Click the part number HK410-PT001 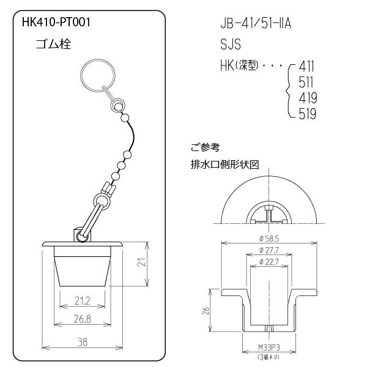(x=56, y=23)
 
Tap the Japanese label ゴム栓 (x=53, y=44)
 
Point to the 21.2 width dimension (x=83, y=301)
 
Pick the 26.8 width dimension (x=83, y=319)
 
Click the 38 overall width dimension (x=83, y=342)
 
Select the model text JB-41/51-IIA (x=256, y=23)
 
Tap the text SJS (x=231, y=44)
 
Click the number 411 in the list (x=306, y=67)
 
